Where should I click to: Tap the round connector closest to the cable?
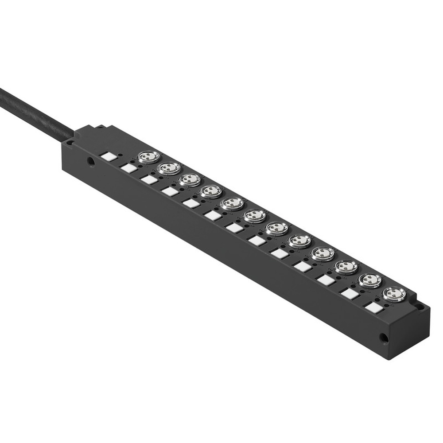(x=149, y=157)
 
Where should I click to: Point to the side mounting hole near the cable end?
(x=91, y=162)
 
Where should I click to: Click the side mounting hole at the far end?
(x=383, y=338)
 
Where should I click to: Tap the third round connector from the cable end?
(x=190, y=180)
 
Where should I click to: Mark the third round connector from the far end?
(x=346, y=267)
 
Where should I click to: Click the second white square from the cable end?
(x=128, y=168)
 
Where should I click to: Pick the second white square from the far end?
(x=350, y=293)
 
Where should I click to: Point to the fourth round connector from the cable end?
(x=211, y=191)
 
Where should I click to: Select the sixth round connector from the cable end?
(x=255, y=216)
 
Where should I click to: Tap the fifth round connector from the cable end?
(x=232, y=203)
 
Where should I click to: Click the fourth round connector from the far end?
(x=323, y=253)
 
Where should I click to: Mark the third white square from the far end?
(x=326, y=280)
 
